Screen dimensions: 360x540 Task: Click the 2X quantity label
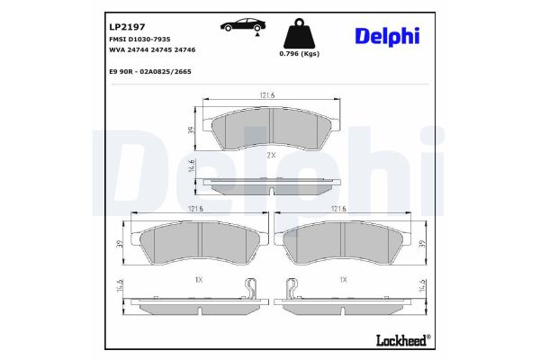click(x=271, y=155)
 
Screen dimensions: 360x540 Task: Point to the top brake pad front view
click(x=270, y=130)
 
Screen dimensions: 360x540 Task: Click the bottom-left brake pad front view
click(x=199, y=243)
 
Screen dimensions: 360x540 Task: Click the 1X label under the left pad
click(x=198, y=280)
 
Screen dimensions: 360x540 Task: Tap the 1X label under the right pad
click(x=342, y=280)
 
